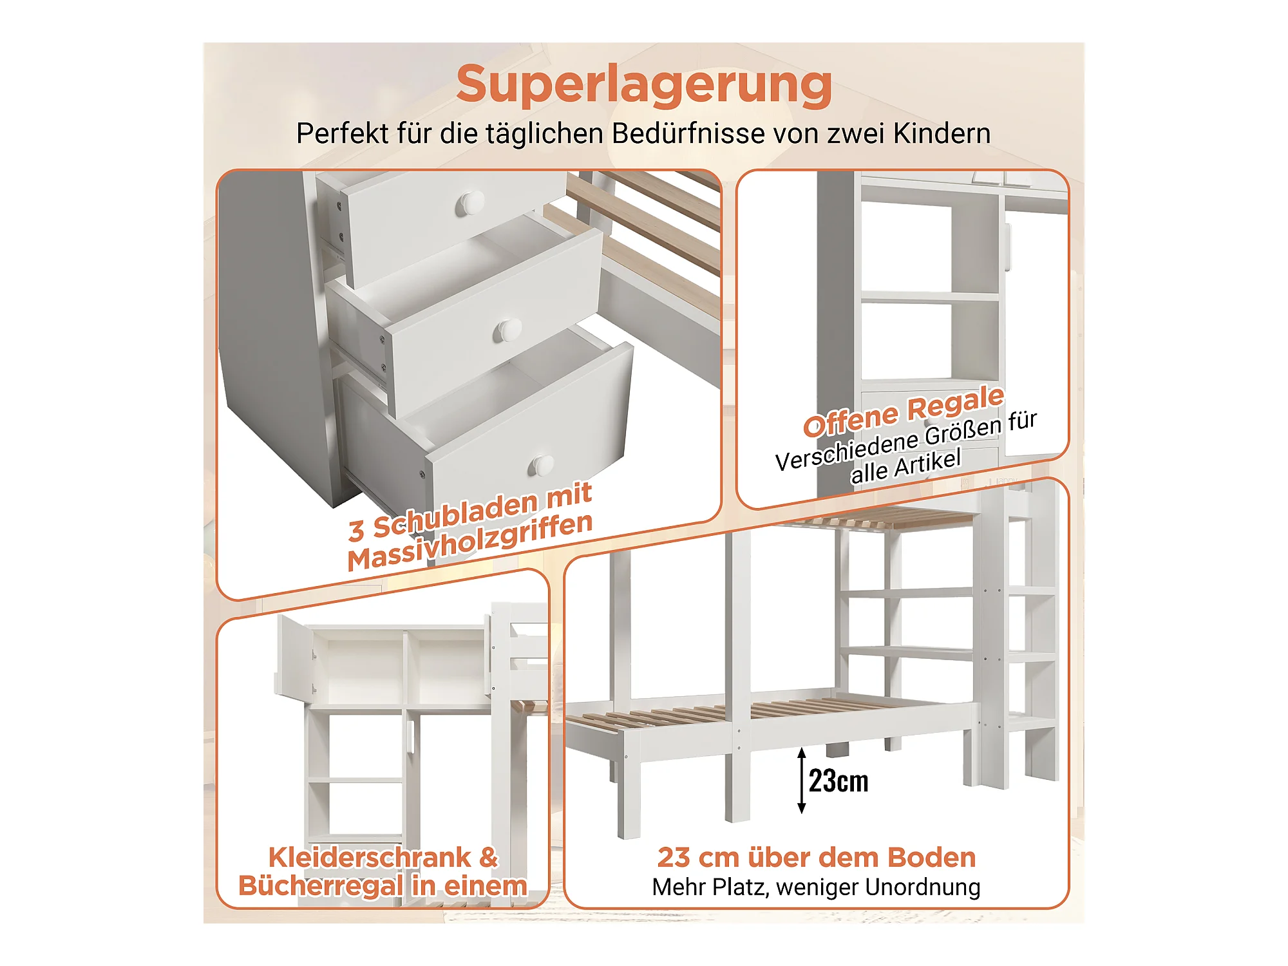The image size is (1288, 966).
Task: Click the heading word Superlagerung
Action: (644, 85)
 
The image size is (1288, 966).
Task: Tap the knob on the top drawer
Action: (470, 204)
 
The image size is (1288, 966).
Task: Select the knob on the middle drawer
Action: (507, 330)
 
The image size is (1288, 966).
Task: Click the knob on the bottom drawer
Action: (541, 465)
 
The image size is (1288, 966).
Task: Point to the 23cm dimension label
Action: (838, 781)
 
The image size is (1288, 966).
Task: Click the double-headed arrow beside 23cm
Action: (802, 781)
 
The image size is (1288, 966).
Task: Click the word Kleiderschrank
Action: (370, 857)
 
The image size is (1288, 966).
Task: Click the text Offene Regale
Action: (904, 411)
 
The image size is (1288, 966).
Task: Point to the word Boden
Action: (931, 858)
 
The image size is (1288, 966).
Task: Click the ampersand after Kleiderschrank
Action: (489, 857)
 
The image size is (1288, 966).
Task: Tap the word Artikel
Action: (927, 461)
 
